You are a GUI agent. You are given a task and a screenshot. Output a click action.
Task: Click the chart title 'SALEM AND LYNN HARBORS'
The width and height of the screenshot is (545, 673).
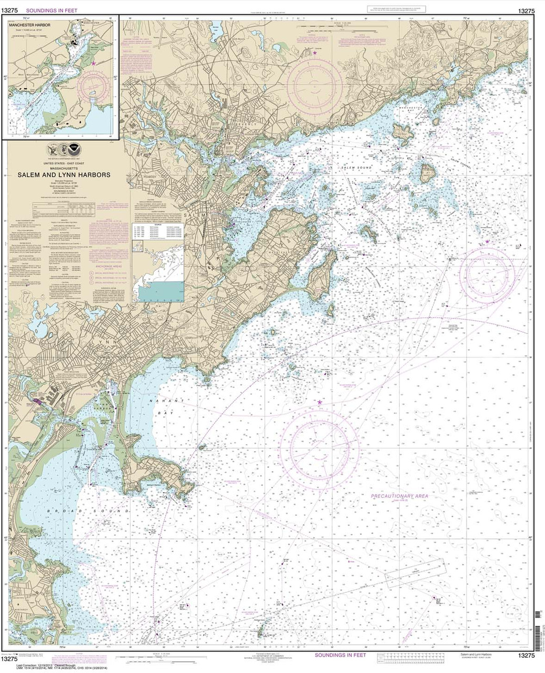(65, 175)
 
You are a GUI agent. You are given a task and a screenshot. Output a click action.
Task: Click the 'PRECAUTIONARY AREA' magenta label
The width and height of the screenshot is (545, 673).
(399, 496)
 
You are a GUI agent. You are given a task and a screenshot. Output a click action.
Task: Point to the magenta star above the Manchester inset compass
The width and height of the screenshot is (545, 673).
(94, 63)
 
